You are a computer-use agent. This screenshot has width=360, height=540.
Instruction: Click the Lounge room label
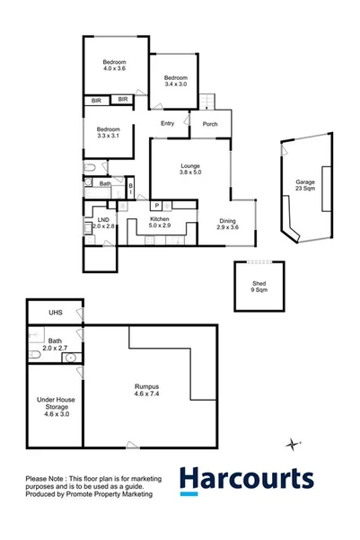click(189, 169)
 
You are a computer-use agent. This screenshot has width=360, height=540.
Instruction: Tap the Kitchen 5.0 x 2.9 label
click(160, 222)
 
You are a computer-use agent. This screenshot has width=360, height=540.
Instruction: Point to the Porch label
click(210, 124)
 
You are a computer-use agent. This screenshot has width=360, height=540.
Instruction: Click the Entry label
click(167, 124)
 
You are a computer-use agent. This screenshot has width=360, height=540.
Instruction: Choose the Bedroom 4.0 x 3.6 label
click(114, 65)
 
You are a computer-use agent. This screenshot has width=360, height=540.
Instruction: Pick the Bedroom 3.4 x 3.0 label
click(175, 81)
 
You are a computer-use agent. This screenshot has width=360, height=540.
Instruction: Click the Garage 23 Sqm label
click(305, 187)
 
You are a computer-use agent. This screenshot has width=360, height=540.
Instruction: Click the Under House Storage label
click(54, 406)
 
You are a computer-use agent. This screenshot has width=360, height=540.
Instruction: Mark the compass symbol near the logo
click(292, 443)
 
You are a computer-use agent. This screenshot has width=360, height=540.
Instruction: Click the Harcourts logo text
click(246, 480)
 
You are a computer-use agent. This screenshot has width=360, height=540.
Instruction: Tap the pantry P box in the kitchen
click(154, 206)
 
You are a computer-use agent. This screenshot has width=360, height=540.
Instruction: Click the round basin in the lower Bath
click(70, 358)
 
